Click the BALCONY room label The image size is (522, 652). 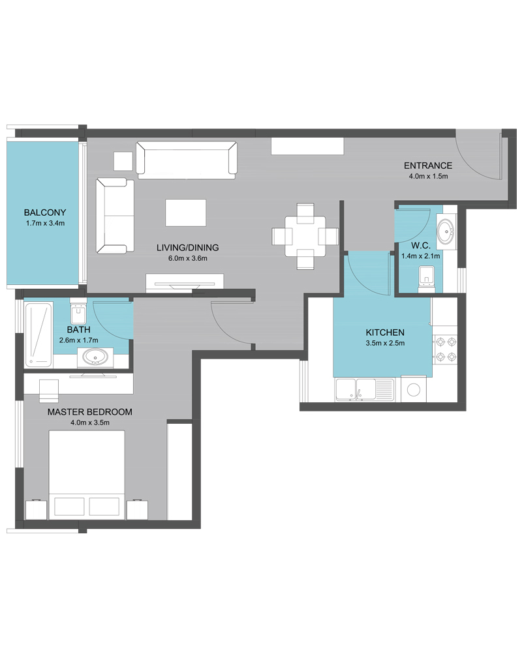[45, 213]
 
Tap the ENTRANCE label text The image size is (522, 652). [428, 166]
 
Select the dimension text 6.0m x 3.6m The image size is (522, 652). [188, 258]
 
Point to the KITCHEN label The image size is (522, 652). [385, 333]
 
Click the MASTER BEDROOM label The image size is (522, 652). [90, 412]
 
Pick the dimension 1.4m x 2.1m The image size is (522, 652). [420, 256]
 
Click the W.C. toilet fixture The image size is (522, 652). [426, 278]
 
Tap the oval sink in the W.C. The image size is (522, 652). [446, 231]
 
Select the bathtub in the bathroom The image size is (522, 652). [38, 334]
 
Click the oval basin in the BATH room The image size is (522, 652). [95, 357]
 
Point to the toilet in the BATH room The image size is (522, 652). [78, 310]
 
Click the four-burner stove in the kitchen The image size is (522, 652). [446, 349]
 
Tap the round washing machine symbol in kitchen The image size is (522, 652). [414, 390]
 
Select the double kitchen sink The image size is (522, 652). [365, 390]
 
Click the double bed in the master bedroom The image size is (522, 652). [87, 475]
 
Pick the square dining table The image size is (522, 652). [305, 236]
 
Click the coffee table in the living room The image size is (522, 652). [186, 213]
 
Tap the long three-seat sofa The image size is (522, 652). [187, 160]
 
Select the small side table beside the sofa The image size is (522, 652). [123, 161]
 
